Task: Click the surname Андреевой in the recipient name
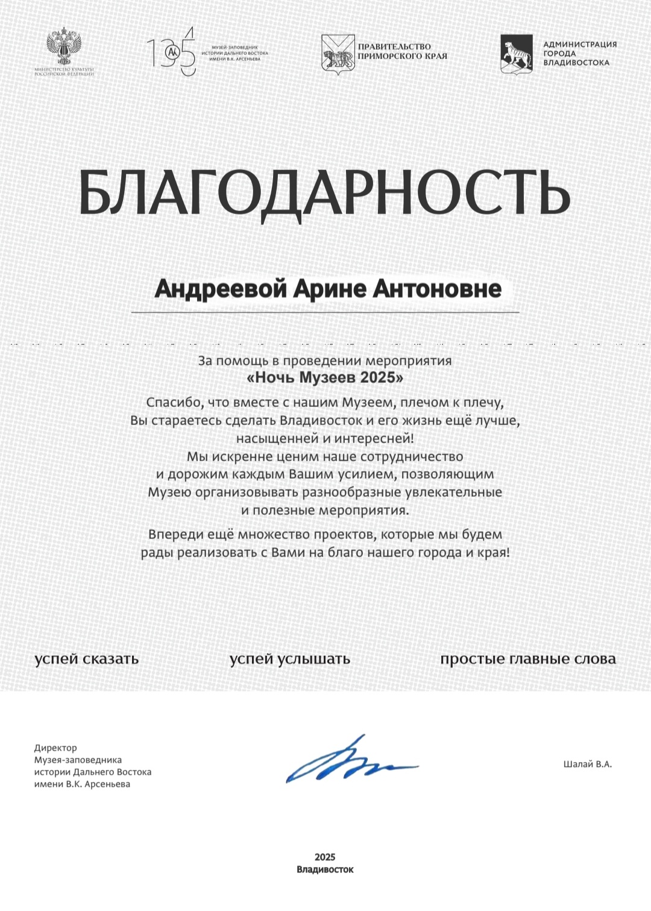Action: [221, 289]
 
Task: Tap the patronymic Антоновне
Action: [436, 289]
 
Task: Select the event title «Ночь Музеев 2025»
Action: [325, 378]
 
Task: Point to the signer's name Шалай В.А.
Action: [587, 764]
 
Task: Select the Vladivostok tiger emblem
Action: [516, 53]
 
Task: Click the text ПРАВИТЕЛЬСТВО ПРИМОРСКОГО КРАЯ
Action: [402, 51]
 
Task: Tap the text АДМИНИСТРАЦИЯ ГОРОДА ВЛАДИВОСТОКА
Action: [579, 53]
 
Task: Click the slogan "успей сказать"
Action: [87, 658]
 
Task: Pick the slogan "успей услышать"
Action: [289, 658]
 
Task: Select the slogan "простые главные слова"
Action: [527, 658]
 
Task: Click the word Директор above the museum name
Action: [55, 748]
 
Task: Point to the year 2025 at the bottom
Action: [325, 857]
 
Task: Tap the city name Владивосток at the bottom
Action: [325, 869]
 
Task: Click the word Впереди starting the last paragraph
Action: [176, 534]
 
